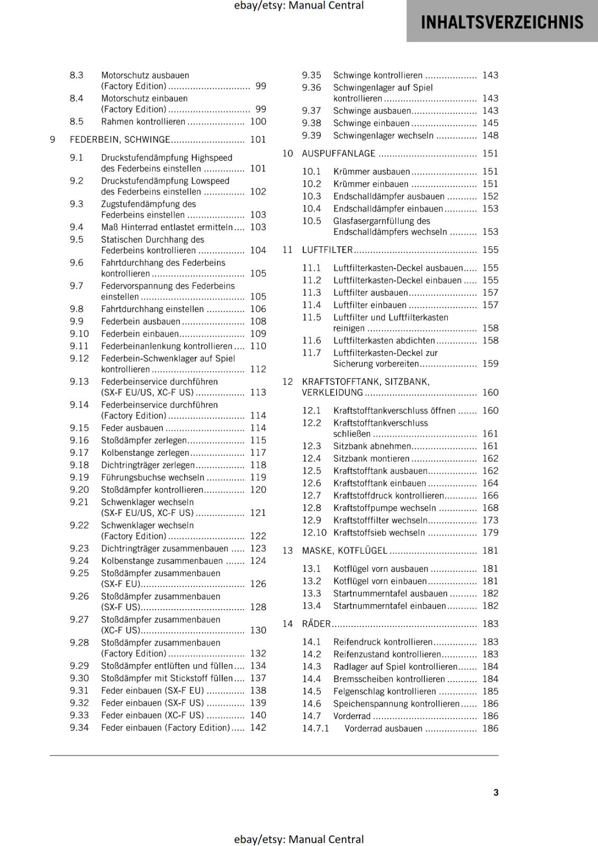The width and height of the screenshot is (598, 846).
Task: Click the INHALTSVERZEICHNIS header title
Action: coord(502,22)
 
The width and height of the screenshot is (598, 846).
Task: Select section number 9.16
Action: coord(79,440)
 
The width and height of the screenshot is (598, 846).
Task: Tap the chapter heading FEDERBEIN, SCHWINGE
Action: coord(120,140)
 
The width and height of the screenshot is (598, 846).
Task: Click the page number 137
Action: coord(258,678)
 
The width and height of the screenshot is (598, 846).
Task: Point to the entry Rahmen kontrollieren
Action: coord(143,122)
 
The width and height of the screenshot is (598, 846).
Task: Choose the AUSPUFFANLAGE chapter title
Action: coord(338,153)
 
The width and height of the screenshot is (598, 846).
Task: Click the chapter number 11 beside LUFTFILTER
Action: coord(287,250)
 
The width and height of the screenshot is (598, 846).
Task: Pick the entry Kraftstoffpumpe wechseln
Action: coord(385,508)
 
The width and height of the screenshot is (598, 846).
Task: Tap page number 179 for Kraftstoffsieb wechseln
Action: coord(490,532)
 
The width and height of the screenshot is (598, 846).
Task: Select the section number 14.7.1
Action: coord(315,728)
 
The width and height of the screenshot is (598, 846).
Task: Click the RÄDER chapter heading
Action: coord(316,624)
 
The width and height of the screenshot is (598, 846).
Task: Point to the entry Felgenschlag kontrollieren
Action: coord(385,691)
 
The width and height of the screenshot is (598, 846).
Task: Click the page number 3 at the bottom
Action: coord(496,792)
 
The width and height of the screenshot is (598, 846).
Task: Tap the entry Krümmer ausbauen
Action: coord(372,171)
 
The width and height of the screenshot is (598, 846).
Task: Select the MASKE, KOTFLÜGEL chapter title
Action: coord(345,550)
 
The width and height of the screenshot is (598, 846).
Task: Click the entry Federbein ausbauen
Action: coord(141,321)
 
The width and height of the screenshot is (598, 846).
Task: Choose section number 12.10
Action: coord(314,532)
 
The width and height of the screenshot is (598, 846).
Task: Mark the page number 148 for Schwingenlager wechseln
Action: coord(490,135)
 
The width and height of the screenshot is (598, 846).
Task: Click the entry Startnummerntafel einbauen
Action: coord(389,606)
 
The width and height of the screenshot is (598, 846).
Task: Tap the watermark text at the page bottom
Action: coord(299,839)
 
